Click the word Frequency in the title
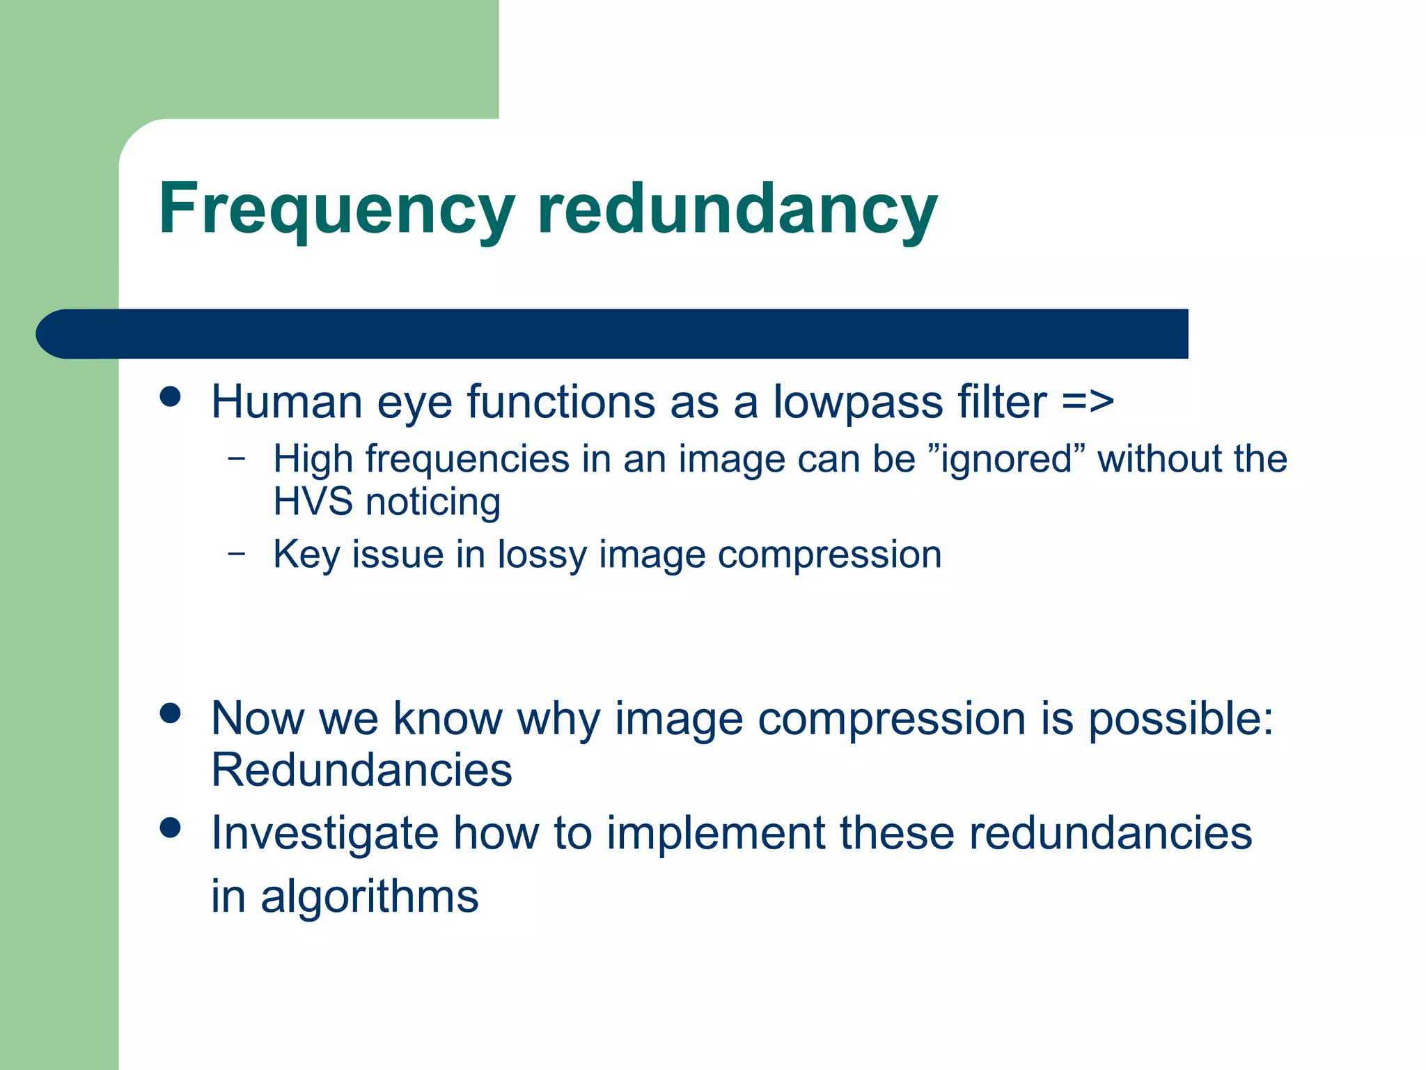[336, 209]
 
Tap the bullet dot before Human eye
[170, 397]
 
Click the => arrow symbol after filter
[1088, 403]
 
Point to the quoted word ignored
[1007, 459]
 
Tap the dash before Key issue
[237, 554]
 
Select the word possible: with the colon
[1181, 719]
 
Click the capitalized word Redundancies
[361, 770]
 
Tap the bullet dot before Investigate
[170, 828]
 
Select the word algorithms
[369, 897]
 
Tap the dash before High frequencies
[237, 458]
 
